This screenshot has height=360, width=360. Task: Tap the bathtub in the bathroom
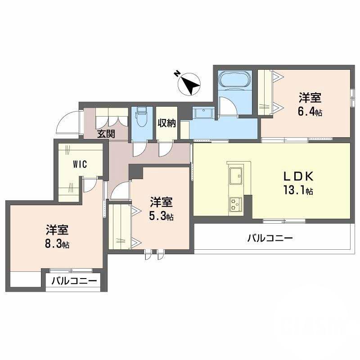[x=234, y=80]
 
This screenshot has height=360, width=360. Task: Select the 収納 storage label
[x=166, y=123]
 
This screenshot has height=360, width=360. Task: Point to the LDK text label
[x=295, y=176]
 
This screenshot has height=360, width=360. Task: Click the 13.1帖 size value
[x=297, y=191]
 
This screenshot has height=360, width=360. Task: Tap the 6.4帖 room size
[x=310, y=112]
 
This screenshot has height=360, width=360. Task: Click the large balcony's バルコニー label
[x=270, y=237]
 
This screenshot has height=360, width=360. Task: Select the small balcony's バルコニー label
[x=74, y=281]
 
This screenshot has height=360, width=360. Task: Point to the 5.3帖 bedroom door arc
[x=119, y=191]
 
